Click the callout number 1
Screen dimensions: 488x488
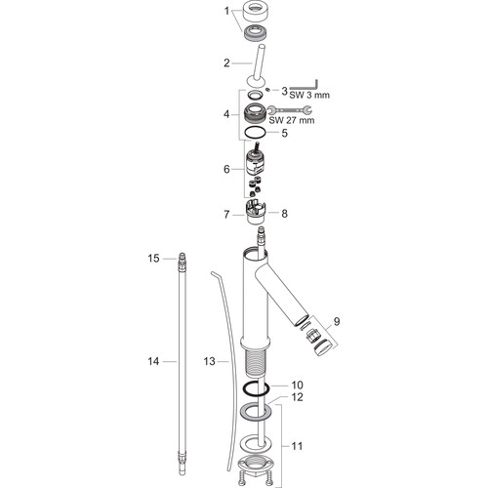(226, 12)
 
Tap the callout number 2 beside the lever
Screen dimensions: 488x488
(226, 62)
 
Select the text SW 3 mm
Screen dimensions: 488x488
(309, 95)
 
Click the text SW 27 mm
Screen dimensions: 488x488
(292, 120)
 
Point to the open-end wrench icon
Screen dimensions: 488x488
(289, 110)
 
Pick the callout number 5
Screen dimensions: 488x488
(285, 133)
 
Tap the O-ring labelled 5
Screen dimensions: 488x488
(256, 133)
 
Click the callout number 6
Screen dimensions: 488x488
(226, 169)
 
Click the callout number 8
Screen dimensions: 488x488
(285, 214)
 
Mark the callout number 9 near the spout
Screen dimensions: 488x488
(337, 321)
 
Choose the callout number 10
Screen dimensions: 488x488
(298, 386)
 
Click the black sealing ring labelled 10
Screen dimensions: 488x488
(256, 388)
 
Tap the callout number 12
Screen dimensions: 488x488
(298, 397)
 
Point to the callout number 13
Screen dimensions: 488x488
(210, 361)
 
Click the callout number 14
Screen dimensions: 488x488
(153, 361)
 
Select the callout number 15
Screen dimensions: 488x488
(153, 259)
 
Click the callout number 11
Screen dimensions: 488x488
(297, 446)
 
